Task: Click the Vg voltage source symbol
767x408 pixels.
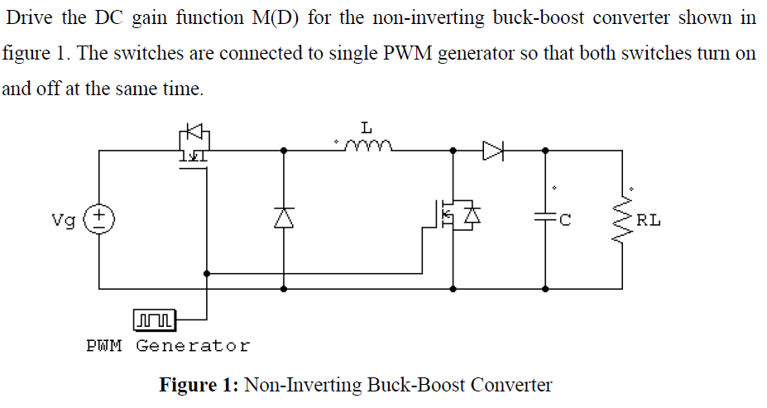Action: click(101, 220)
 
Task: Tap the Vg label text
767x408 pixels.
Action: click(63, 221)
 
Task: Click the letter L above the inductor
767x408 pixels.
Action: click(366, 127)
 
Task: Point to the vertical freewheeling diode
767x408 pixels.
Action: click(284, 218)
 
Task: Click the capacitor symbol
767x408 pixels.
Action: click(545, 219)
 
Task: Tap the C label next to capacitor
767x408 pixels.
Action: click(566, 220)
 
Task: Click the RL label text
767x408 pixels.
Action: click(649, 220)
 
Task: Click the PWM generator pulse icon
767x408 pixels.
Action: click(154, 318)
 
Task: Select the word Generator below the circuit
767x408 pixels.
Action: click(192, 345)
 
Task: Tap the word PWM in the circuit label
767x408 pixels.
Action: click(104, 345)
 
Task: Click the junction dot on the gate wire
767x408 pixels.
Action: click(206, 272)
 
